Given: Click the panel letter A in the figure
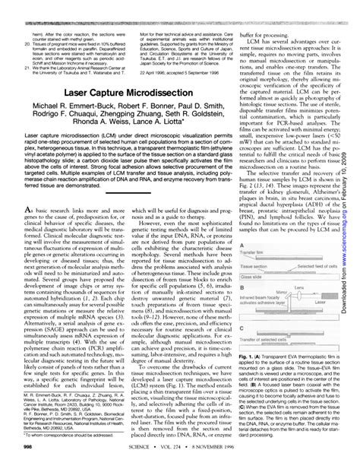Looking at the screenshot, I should click(x=242, y=249).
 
